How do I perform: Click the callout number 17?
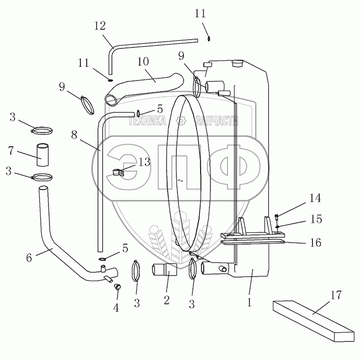(336, 295)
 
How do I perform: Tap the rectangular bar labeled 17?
(314, 321)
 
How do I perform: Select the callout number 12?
(100, 26)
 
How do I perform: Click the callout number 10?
(143, 61)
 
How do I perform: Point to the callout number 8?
(74, 135)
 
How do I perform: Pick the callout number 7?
(11, 151)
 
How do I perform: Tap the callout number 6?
(29, 258)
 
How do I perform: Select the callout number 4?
(116, 307)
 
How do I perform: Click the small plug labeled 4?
(118, 286)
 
